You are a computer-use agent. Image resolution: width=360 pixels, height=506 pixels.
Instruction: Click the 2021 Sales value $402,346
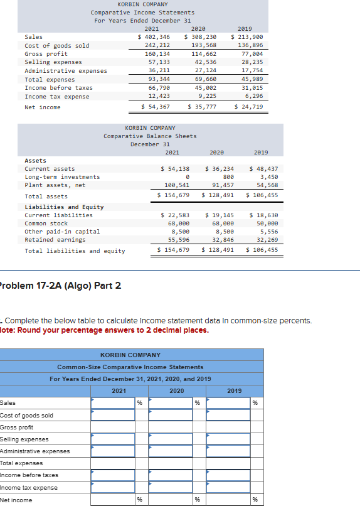click(x=154, y=37)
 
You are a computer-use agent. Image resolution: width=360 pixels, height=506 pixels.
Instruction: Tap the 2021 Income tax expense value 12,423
click(x=158, y=96)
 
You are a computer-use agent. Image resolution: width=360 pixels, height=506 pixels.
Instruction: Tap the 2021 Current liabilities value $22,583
click(x=176, y=215)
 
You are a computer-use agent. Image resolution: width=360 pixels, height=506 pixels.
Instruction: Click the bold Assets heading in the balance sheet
click(x=35, y=161)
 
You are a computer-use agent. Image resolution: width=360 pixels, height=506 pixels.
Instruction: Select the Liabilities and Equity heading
click(x=64, y=207)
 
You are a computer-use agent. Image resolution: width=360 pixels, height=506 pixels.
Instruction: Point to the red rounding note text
click(x=104, y=330)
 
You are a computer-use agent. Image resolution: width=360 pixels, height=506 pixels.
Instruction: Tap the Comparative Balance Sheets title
click(x=150, y=136)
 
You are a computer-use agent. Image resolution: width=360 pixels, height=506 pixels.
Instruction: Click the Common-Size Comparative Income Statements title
click(x=130, y=367)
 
